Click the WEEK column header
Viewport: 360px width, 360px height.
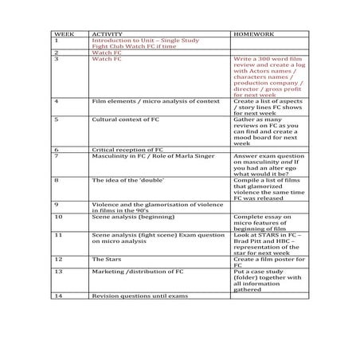click(63, 35)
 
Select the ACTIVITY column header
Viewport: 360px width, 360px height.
click(108, 35)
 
